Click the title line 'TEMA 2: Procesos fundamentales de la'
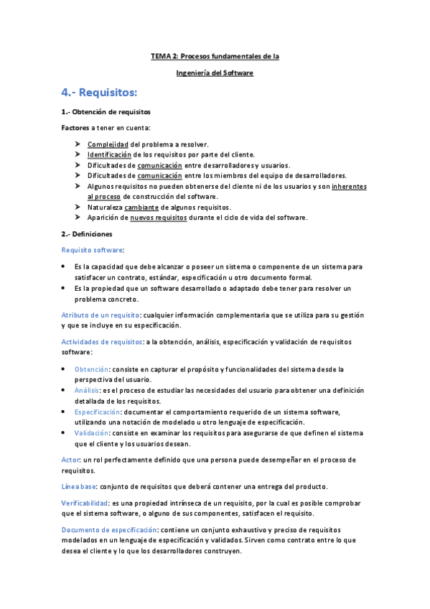pyautogui.click(x=215, y=55)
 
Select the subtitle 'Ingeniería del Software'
pyautogui.click(x=215, y=73)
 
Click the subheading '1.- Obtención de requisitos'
pyautogui.click(x=106, y=112)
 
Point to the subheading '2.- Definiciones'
pyautogui.click(x=87, y=234)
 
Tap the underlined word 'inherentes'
pyautogui.click(x=349, y=186)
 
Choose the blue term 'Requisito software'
pyautogui.click(x=93, y=250)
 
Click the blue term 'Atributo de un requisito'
pyautogui.click(x=100, y=315)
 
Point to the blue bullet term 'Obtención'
pyautogui.click(x=91, y=369)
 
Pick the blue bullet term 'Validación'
pyautogui.click(x=91, y=433)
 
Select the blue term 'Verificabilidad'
pyautogui.click(x=85, y=503)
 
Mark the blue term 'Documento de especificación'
pyautogui.click(x=107, y=529)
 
